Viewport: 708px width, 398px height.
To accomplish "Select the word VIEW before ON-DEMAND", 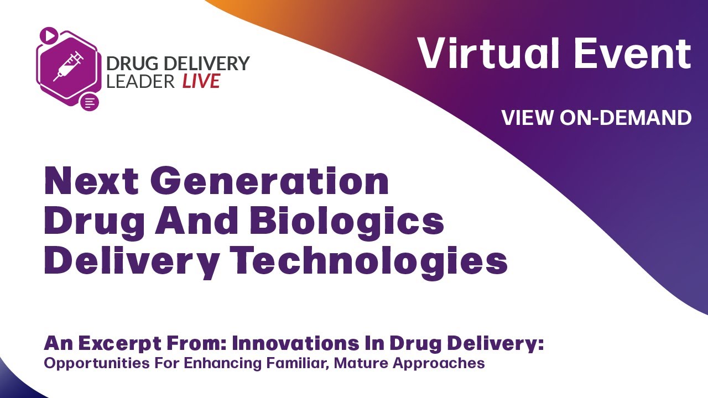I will (x=528, y=117).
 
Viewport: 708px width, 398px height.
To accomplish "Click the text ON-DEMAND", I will (x=625, y=117).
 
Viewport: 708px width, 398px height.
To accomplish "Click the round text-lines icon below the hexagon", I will (x=90, y=102).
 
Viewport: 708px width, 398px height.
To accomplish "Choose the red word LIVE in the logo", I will (x=201, y=81).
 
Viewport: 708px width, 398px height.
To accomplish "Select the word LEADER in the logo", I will (x=141, y=81).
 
